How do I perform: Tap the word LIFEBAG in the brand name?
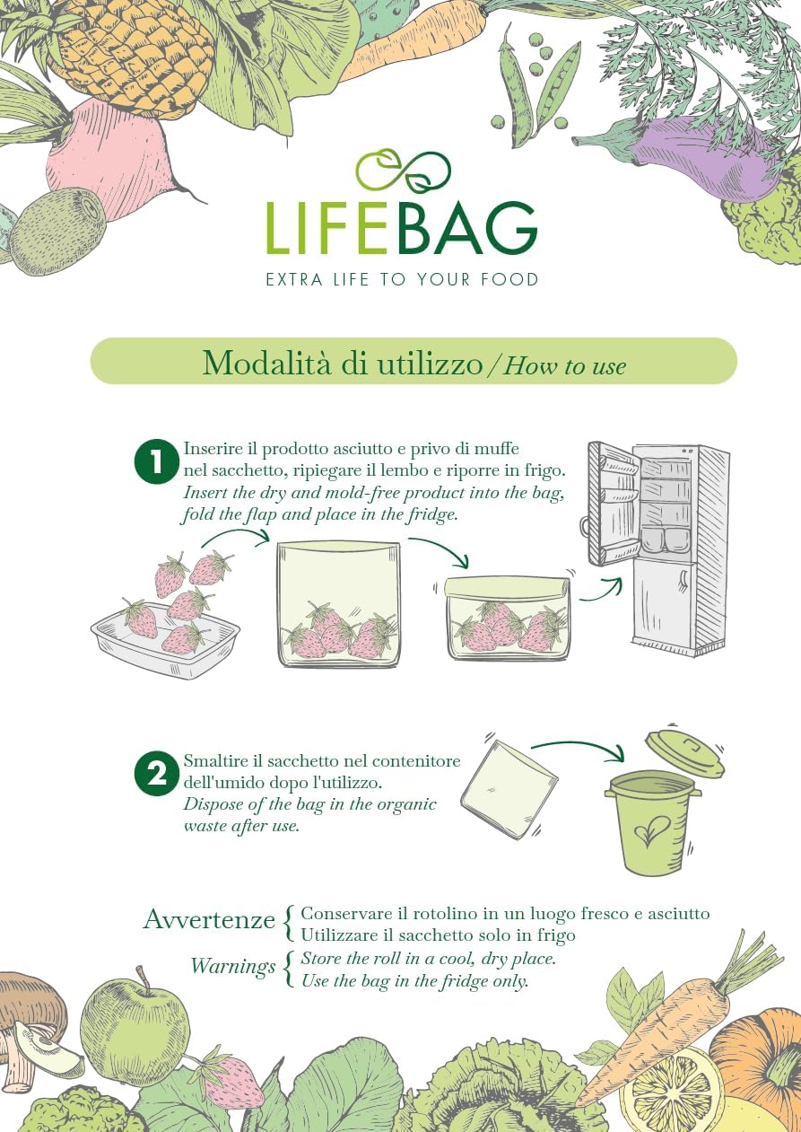[x=401, y=229]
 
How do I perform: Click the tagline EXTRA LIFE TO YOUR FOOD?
[x=402, y=279]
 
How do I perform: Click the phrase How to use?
[x=564, y=365]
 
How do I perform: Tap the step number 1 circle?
[x=157, y=463]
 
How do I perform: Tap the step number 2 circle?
[x=157, y=774]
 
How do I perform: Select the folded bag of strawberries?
[x=508, y=619]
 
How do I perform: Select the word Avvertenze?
[x=209, y=920]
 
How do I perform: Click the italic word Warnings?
[x=232, y=967]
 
